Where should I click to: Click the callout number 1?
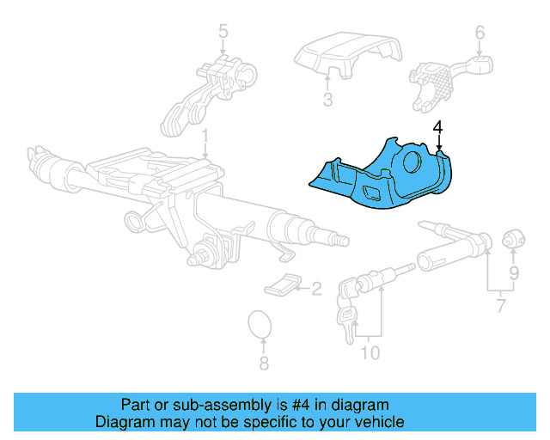click(205, 137)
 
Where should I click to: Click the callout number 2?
click(315, 289)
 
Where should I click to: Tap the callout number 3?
click(327, 100)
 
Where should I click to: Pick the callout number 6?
click(480, 34)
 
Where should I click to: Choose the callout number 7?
click(501, 306)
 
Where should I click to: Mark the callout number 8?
click(264, 364)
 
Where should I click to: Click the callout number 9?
click(513, 274)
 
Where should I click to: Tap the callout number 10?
click(370, 351)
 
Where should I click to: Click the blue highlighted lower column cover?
click(378, 176)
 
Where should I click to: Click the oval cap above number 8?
click(260, 326)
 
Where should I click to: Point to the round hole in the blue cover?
click(410, 161)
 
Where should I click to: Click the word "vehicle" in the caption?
click(377, 422)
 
